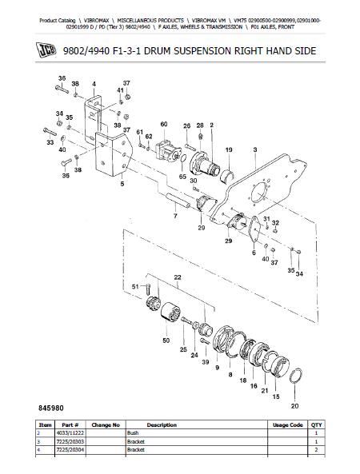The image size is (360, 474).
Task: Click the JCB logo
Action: (46, 50)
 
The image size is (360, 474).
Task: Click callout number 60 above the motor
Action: (164, 124)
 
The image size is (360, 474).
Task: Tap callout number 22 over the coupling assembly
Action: (178, 277)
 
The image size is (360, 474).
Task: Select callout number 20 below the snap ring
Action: (294, 406)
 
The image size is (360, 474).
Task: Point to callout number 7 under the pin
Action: (175, 216)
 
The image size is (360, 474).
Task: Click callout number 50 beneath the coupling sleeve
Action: (166, 341)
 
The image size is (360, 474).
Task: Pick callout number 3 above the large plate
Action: (255, 149)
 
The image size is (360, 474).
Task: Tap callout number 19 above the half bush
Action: (229, 149)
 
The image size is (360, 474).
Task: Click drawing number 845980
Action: (51, 408)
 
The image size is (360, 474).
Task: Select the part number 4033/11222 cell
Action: (70, 433)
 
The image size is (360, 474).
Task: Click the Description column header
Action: (162, 424)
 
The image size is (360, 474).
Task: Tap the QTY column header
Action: (317, 424)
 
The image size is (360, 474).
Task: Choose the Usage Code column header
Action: (288, 424)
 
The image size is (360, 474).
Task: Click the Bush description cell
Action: (133, 433)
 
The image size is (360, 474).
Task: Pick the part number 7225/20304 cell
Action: (70, 450)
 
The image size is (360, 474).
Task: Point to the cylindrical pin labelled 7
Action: (178, 201)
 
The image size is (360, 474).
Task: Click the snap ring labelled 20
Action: (295, 376)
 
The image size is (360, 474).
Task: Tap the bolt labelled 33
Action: (50, 132)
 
